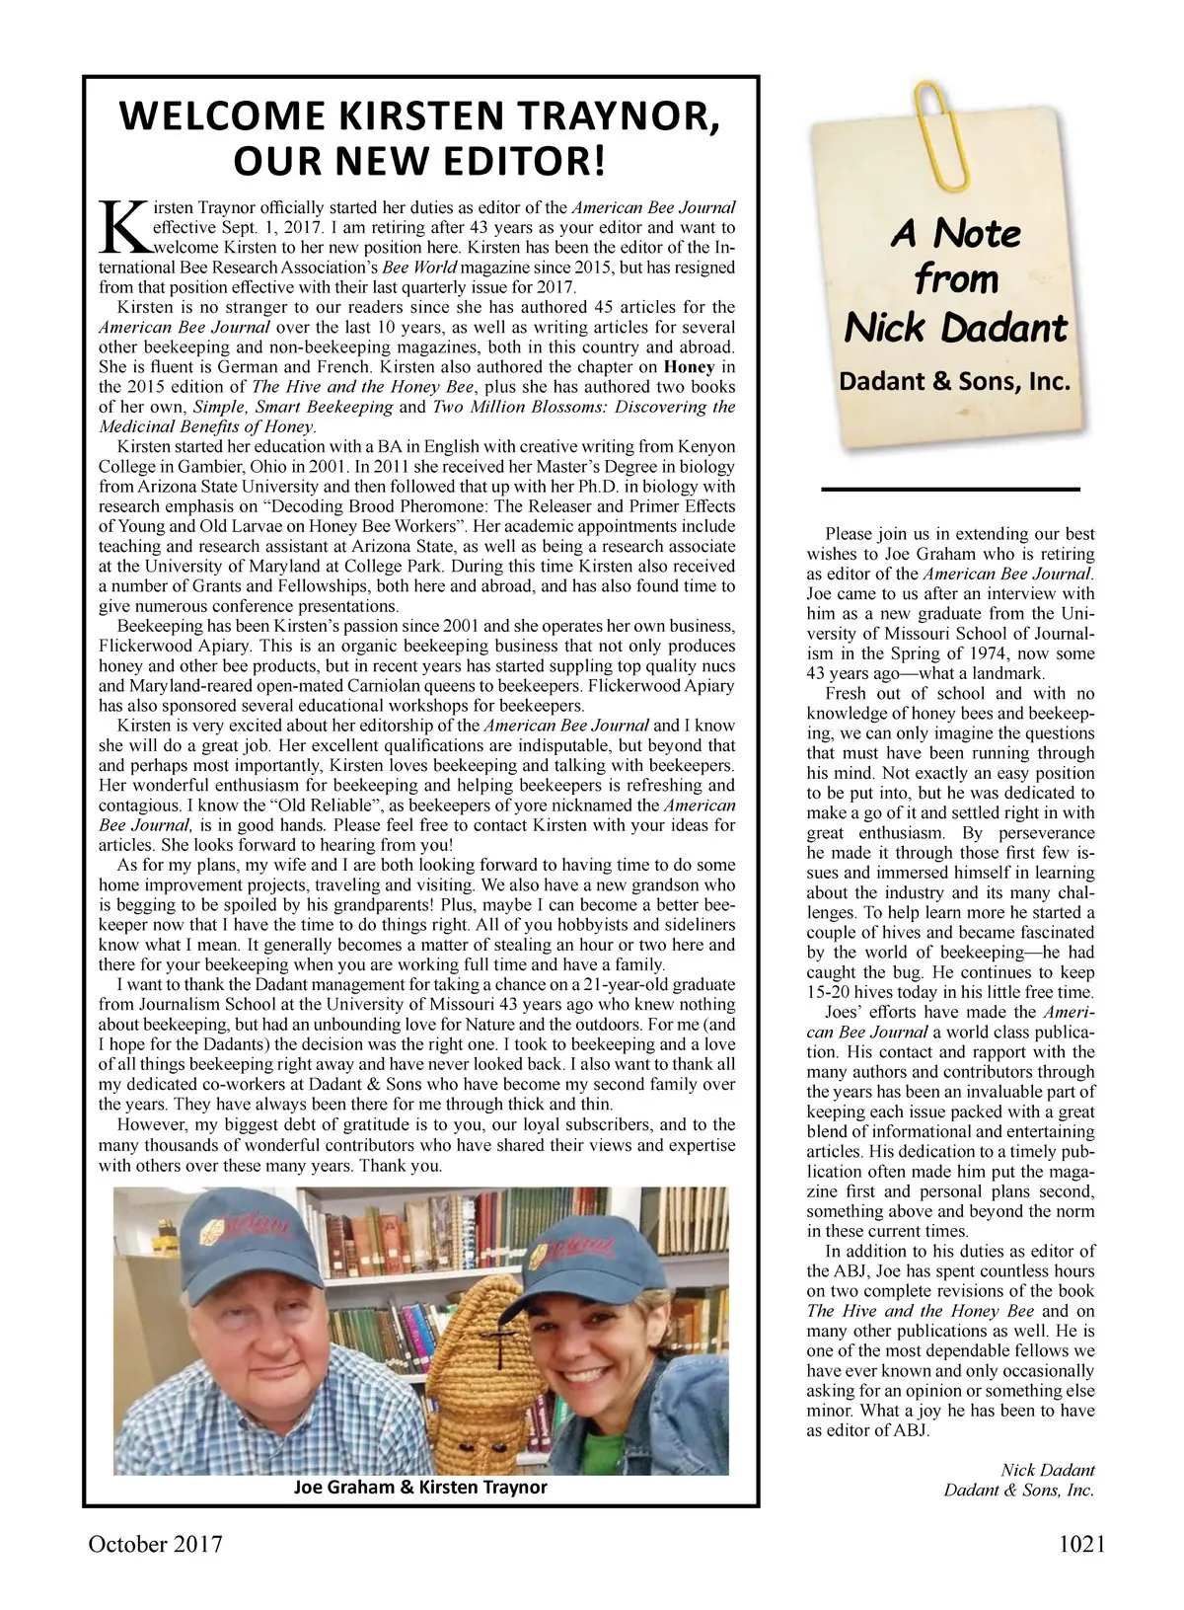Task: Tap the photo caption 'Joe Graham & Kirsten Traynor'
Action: pos(420,1487)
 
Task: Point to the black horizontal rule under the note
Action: pos(950,489)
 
